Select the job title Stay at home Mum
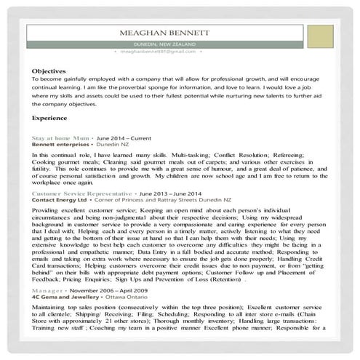61,137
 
